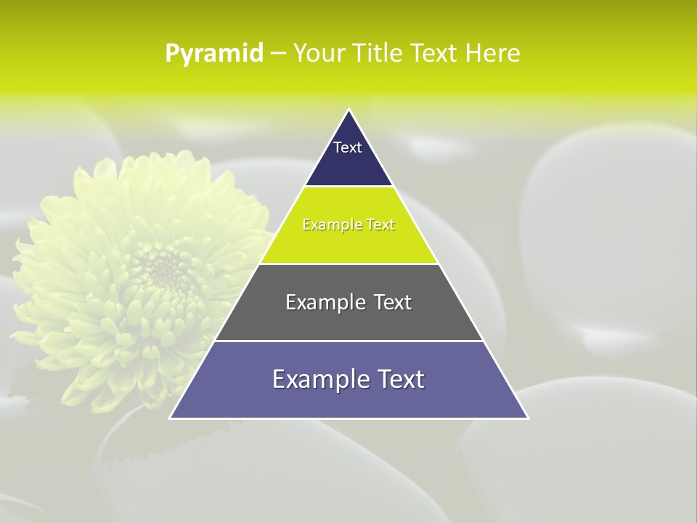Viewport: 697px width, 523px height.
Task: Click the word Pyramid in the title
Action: (x=214, y=54)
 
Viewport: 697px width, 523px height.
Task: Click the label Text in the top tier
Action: (x=347, y=147)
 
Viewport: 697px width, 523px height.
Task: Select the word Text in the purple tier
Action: (x=398, y=379)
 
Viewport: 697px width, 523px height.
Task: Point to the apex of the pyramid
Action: (x=348, y=110)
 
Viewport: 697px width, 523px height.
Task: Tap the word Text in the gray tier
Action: (x=393, y=302)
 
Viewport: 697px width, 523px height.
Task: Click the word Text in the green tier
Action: (x=380, y=225)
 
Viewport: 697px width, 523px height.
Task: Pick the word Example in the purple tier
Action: (x=320, y=379)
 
